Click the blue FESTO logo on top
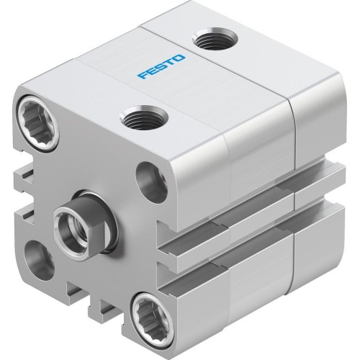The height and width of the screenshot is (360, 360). (161, 70)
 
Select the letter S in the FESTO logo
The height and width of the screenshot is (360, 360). (161, 70)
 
